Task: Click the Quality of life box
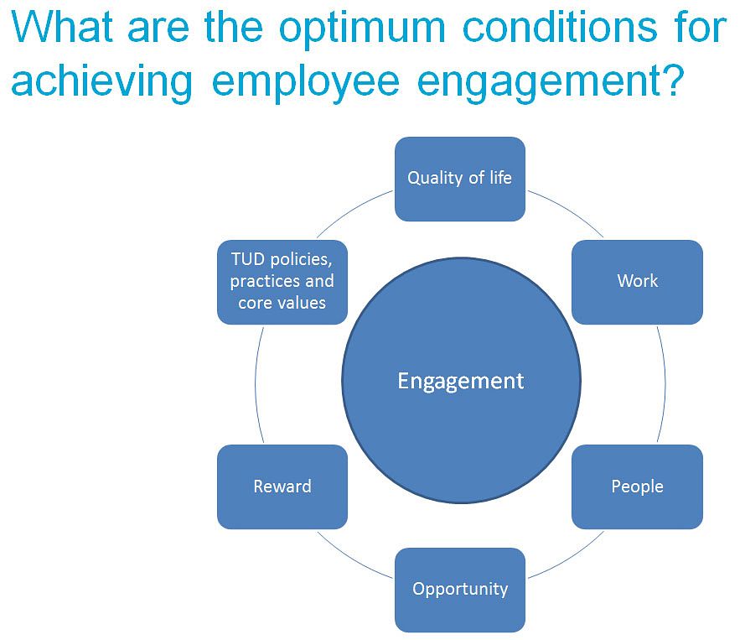click(x=460, y=179)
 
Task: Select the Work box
click(x=637, y=282)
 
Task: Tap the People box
click(x=637, y=487)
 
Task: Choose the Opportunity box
click(x=460, y=590)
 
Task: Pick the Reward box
click(x=282, y=487)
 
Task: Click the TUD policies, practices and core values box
click(x=282, y=282)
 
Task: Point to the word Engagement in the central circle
click(x=460, y=382)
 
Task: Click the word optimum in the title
click(x=362, y=29)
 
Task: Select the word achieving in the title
click(x=101, y=82)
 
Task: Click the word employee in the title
click(x=306, y=82)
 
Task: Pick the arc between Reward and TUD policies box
click(x=256, y=384)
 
